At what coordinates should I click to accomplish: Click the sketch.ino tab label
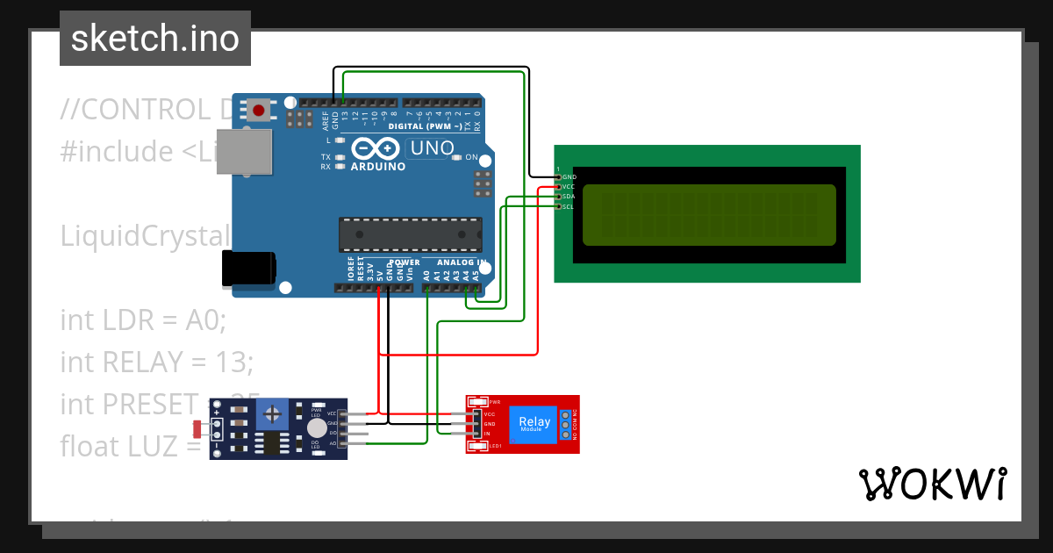coord(155,39)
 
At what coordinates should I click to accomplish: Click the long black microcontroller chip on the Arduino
coord(410,234)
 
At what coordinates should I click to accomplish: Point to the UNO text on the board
coord(432,148)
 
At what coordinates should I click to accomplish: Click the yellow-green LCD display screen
coord(709,214)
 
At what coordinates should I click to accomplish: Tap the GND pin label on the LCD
coord(569,177)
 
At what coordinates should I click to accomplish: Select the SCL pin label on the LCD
coord(568,206)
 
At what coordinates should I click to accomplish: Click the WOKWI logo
coord(932,484)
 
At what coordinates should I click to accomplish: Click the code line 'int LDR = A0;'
coord(143,320)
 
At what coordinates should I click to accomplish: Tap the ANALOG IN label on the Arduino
coord(462,262)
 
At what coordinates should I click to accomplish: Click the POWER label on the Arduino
coord(405,262)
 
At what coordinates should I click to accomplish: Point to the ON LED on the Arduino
coord(457,158)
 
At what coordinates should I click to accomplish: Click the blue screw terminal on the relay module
coord(565,424)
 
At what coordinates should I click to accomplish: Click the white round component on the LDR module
coord(316,427)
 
